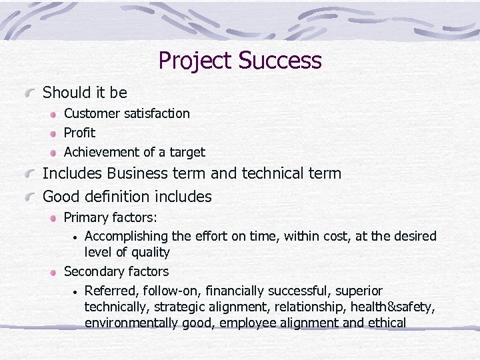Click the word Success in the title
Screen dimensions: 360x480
pyautogui.click(x=280, y=61)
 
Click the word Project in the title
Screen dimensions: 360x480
pyautogui.click(x=195, y=61)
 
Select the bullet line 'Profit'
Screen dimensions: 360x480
pyautogui.click(x=79, y=133)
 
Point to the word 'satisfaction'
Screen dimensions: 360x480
pyautogui.click(x=157, y=113)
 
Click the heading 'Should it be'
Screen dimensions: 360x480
pyautogui.click(x=85, y=92)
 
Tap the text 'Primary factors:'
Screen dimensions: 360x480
pyautogui.click(x=110, y=217)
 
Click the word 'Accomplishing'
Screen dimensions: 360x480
pyautogui.click(x=126, y=236)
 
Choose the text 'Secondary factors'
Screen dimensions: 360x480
pyautogui.click(x=116, y=271)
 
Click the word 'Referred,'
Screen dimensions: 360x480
pyautogui.click(x=109, y=291)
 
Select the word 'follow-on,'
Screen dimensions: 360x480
pyautogui.click(x=171, y=291)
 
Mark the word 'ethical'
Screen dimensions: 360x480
pyautogui.click(x=384, y=323)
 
